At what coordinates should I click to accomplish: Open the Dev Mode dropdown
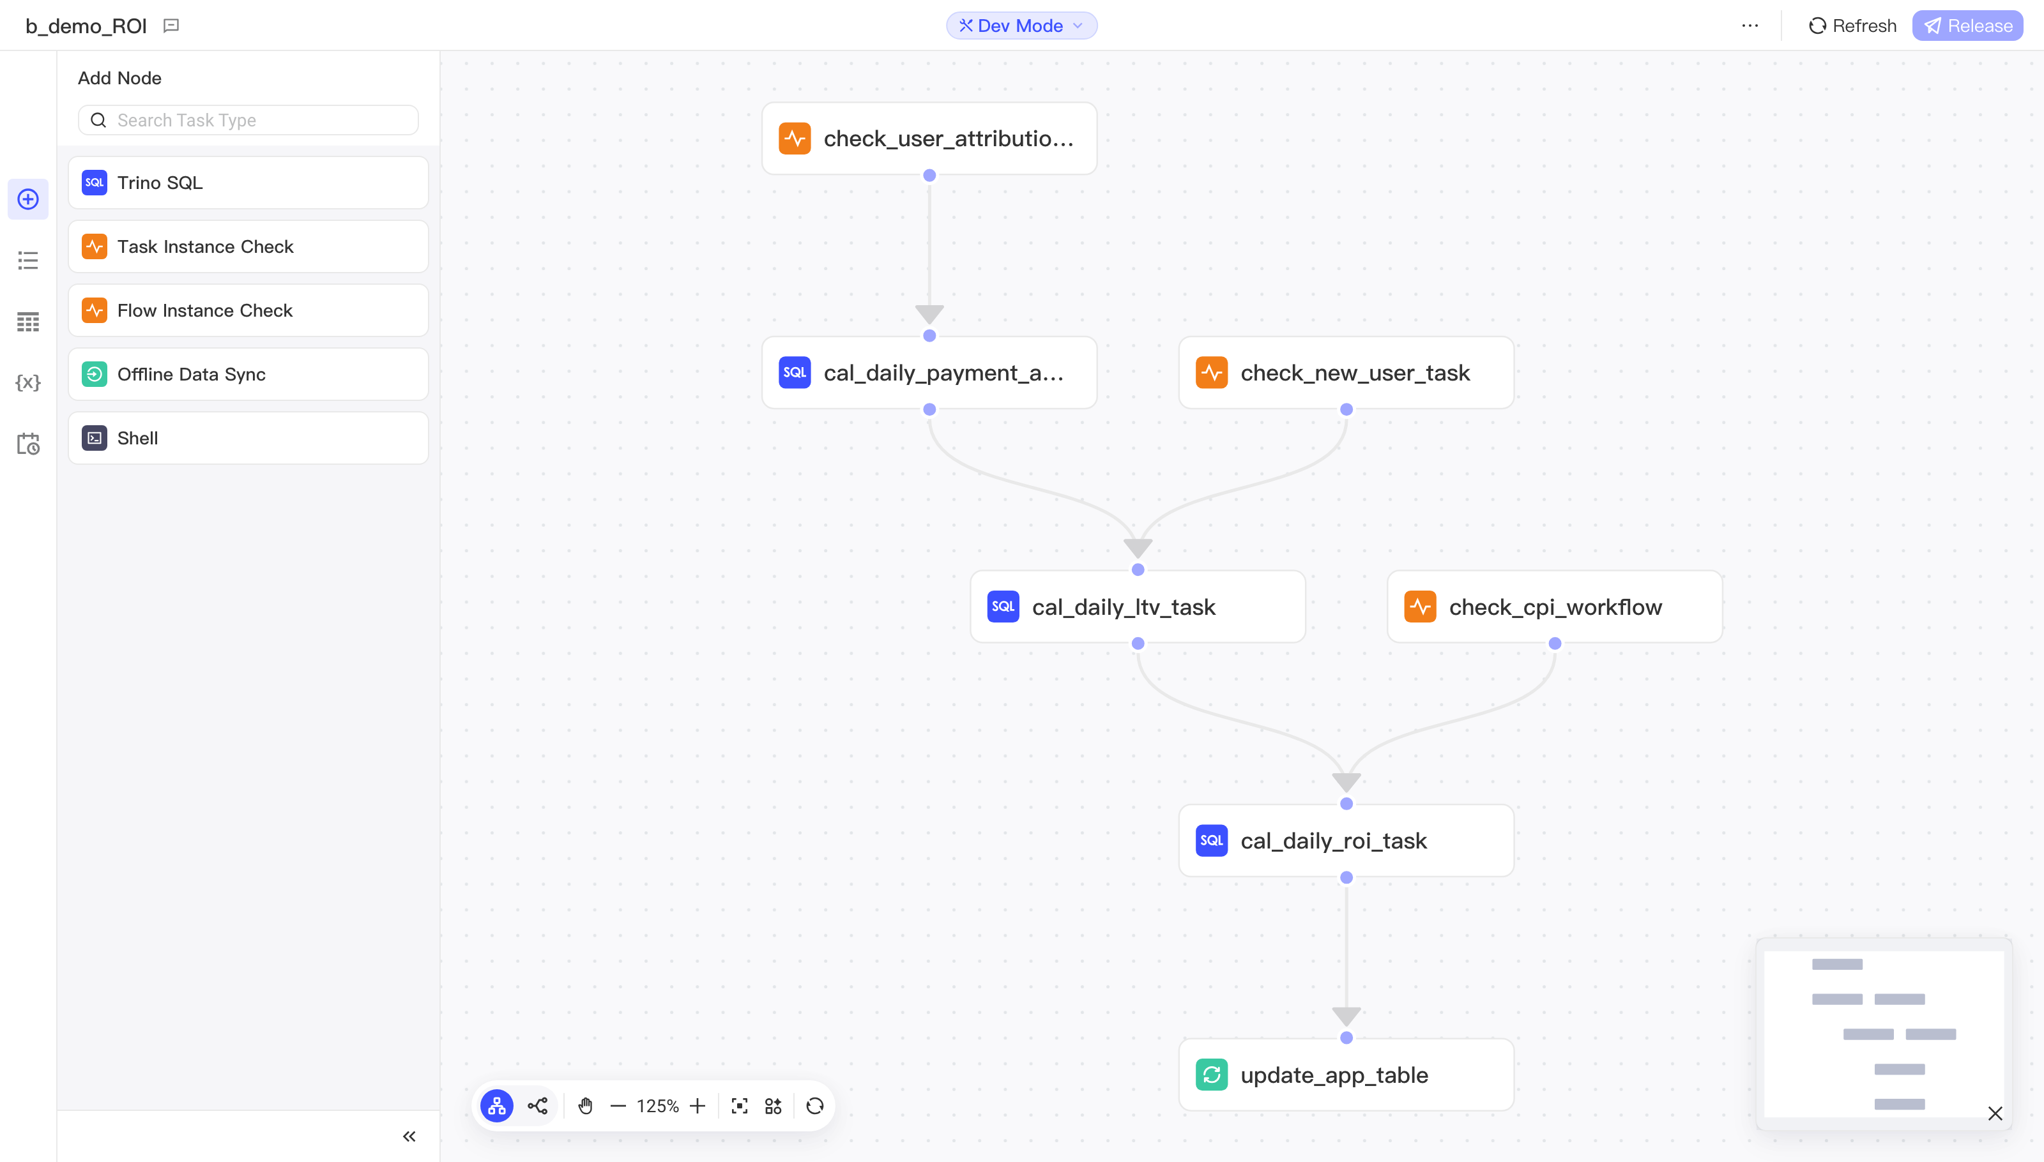coord(1021,26)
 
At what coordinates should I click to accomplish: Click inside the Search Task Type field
coord(248,120)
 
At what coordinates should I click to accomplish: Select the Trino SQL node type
coord(248,183)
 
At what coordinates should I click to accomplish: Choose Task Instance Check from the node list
coord(248,246)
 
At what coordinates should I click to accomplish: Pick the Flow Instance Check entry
coord(248,310)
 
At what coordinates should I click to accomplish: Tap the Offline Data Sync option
coord(248,374)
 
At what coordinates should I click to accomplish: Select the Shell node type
coord(248,438)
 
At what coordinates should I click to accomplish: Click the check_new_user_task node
coord(1346,373)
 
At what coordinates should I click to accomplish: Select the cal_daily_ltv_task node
coord(1138,607)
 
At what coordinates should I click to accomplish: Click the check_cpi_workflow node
coord(1555,607)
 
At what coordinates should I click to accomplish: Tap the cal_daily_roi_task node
coord(1346,840)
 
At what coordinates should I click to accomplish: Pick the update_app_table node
coord(1346,1075)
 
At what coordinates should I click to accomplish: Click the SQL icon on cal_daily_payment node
coord(795,373)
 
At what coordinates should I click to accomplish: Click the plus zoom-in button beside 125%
coord(698,1106)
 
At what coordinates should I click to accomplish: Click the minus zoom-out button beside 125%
coord(617,1106)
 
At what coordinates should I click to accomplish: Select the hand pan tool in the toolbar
coord(585,1106)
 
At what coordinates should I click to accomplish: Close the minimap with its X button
coord(1994,1113)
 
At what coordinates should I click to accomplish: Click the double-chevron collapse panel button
coord(409,1136)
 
